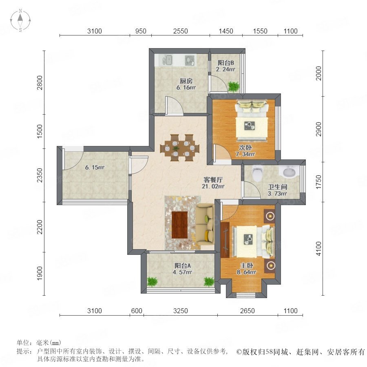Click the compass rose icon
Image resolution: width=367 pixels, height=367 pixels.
tap(20, 20)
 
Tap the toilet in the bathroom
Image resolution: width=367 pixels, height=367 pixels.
tap(258, 173)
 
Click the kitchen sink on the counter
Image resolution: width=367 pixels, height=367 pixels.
tap(167, 60)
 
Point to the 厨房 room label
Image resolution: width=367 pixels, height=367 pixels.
tap(186, 81)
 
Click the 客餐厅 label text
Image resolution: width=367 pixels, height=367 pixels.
tap(213, 180)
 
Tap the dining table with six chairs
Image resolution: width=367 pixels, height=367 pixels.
tap(179, 148)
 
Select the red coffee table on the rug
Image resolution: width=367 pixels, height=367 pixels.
tap(179, 225)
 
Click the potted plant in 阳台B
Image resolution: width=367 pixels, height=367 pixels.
tap(233, 86)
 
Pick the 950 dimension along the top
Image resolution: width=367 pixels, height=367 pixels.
tap(141, 31)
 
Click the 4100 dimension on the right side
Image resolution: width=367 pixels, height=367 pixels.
tap(318, 249)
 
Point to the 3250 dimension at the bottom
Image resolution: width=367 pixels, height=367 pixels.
tap(181, 311)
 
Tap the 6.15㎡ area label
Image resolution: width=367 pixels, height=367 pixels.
tap(95, 167)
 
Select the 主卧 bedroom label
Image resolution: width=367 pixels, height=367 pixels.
tap(247, 265)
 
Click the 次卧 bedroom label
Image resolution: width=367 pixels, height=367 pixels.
tap(245, 148)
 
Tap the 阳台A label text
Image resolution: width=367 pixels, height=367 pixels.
tap(183, 265)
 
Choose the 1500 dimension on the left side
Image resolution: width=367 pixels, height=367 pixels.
tap(40, 131)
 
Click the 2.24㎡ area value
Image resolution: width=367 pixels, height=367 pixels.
tap(226, 69)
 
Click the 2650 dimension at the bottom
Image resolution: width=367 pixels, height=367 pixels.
tap(248, 311)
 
